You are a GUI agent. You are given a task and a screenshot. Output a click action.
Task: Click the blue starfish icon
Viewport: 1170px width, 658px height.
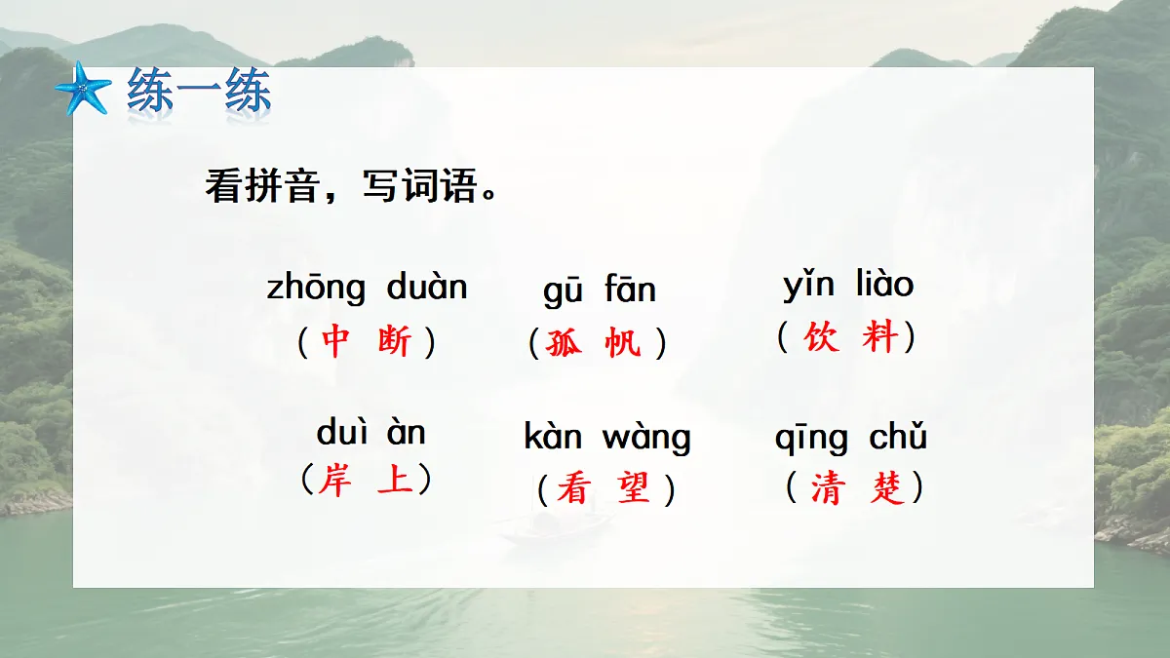click(x=84, y=90)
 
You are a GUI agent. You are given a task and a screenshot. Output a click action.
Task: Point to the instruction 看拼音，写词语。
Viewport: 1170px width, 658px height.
click(x=352, y=185)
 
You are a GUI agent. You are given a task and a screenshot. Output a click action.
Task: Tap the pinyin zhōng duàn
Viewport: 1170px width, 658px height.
click(x=368, y=289)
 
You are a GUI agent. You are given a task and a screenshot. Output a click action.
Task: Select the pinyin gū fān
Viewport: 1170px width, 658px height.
click(x=600, y=290)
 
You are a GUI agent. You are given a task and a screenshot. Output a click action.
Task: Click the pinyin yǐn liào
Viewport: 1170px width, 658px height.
click(x=848, y=286)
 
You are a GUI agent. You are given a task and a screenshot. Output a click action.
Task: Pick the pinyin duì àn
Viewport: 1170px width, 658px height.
click(x=371, y=433)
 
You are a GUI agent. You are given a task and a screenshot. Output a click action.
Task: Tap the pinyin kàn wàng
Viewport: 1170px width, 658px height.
click(x=606, y=438)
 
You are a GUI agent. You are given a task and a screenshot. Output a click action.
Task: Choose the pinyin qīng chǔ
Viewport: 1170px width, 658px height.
click(x=850, y=439)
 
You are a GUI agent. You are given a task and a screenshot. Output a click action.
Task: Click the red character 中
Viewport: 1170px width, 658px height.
click(x=334, y=341)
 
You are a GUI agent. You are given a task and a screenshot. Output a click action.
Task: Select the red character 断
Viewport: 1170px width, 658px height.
click(x=395, y=341)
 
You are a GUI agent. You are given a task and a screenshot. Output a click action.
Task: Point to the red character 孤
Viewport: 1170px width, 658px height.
click(x=563, y=343)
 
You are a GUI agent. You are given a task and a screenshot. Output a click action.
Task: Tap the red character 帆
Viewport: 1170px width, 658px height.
click(x=623, y=343)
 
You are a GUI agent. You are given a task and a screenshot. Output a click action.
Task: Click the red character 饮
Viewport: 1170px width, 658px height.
click(x=821, y=337)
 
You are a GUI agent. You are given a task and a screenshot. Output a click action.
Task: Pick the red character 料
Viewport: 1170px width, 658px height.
click(x=880, y=337)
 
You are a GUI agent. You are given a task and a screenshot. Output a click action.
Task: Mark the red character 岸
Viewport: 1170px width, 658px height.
click(x=334, y=481)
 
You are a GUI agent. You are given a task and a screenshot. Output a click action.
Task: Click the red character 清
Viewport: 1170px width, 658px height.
click(x=827, y=488)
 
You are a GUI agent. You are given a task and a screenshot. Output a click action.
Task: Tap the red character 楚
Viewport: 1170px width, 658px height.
click(x=887, y=488)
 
